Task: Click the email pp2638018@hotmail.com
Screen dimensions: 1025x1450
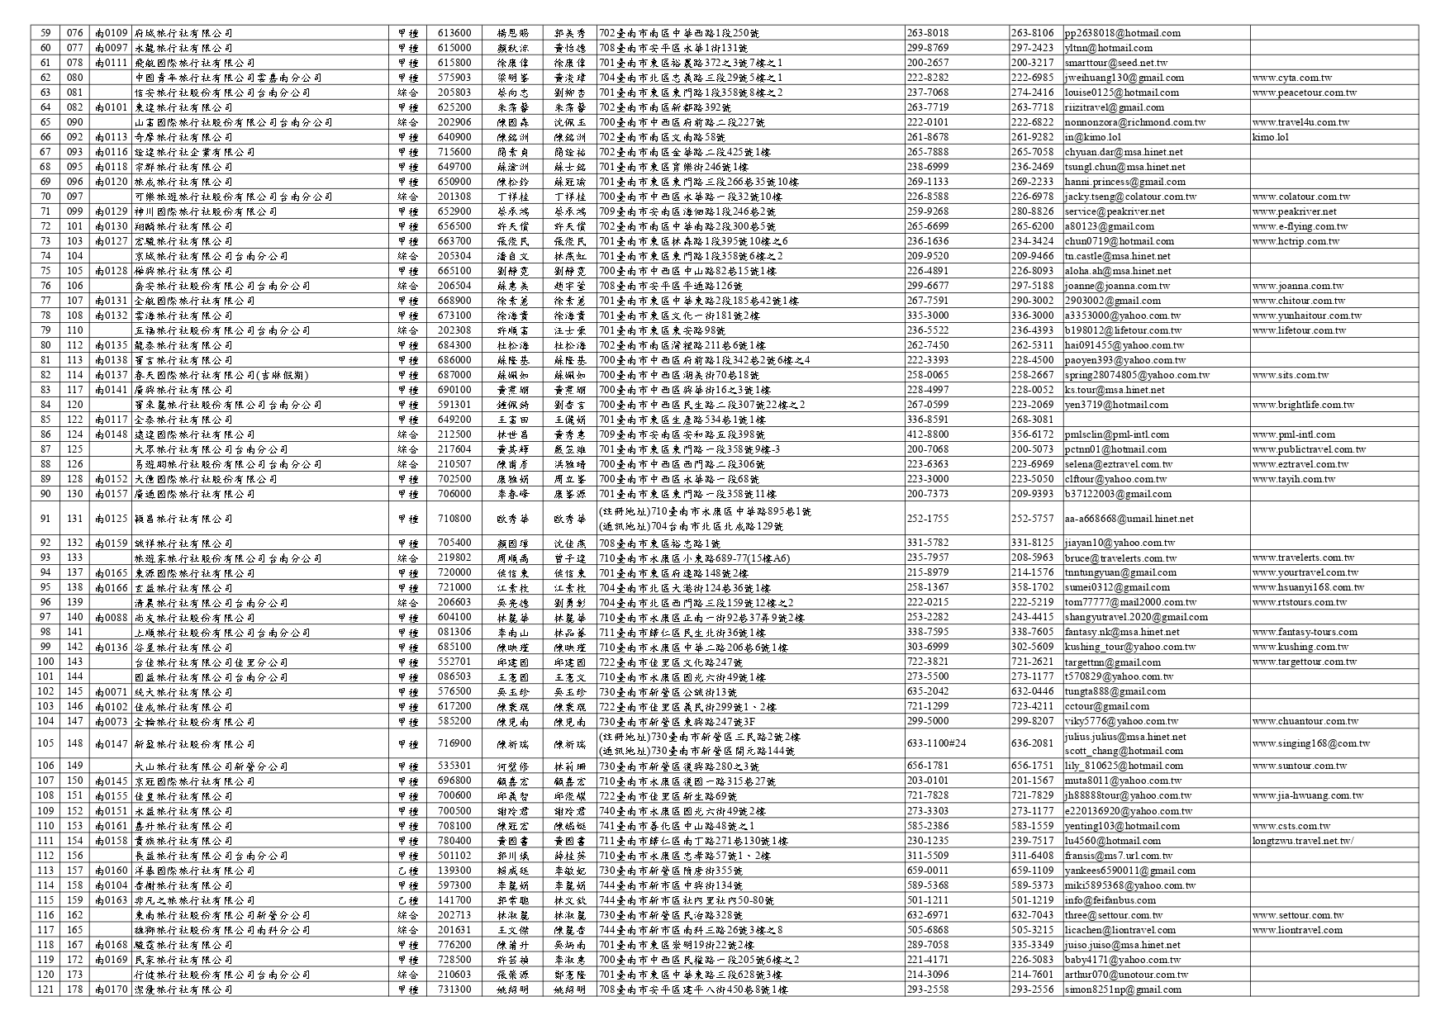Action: click(1122, 33)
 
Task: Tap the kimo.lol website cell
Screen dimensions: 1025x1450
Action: click(1270, 137)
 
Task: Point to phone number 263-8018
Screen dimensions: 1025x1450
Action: click(928, 33)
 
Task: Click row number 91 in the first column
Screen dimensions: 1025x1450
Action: click(45, 519)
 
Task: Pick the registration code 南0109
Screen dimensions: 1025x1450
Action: click(112, 33)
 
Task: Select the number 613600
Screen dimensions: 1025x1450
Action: click(454, 33)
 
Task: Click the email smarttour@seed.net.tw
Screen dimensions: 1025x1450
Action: click(1115, 63)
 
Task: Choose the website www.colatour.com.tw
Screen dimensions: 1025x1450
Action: click(1300, 197)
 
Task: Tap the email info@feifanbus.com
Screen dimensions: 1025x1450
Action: click(1110, 900)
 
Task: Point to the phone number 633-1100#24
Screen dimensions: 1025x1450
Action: click(936, 743)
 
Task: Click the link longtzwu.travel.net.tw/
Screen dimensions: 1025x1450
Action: click(1302, 841)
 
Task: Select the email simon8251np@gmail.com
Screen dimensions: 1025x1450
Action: click(1123, 989)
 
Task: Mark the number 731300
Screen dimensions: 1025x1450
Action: click(454, 989)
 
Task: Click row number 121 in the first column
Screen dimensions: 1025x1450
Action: click(45, 989)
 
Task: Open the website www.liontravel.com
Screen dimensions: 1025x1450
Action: click(1297, 930)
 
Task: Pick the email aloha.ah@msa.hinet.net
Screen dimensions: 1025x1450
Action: click(1117, 271)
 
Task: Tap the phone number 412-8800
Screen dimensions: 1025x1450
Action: click(928, 434)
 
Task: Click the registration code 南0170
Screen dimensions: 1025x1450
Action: click(112, 989)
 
